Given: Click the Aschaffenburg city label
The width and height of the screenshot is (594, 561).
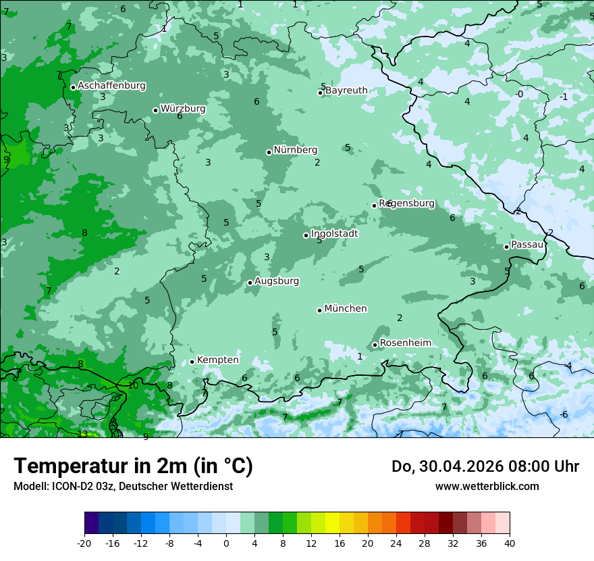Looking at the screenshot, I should pos(111,86).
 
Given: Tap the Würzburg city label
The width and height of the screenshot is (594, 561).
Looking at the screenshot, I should pos(183,109).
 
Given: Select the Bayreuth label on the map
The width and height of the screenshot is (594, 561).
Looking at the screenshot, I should pos(347,91).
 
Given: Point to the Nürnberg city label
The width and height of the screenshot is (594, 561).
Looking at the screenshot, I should pos(296,150).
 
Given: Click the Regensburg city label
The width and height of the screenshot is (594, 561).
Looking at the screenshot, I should pos(407,203).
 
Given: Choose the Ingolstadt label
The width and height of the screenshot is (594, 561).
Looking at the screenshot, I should pos(334,234).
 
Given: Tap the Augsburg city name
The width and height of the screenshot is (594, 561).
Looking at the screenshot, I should pos(277,281).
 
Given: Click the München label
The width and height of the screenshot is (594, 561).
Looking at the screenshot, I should pos(346,309).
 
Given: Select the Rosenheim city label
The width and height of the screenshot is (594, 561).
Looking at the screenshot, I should pos(405,343).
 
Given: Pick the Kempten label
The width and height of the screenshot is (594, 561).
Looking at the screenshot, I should pos(217,360).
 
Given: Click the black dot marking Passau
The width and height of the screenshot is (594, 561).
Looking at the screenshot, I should pos(506,247).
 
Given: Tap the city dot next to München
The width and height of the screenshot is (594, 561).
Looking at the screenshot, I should pos(319,310).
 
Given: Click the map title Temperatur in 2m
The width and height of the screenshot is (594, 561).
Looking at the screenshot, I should pos(133,466).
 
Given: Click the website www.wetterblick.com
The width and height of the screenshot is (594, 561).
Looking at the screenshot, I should pos(487,487).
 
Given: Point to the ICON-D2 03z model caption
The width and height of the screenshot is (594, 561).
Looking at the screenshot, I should pos(123,487).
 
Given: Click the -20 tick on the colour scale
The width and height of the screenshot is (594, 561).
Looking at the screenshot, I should pos(84,543).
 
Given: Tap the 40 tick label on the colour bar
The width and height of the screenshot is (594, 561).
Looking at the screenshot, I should pos(510,543).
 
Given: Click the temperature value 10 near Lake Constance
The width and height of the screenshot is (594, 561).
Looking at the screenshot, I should pos(133,385).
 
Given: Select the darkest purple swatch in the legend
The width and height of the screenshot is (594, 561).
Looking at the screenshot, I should pos(91,523).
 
